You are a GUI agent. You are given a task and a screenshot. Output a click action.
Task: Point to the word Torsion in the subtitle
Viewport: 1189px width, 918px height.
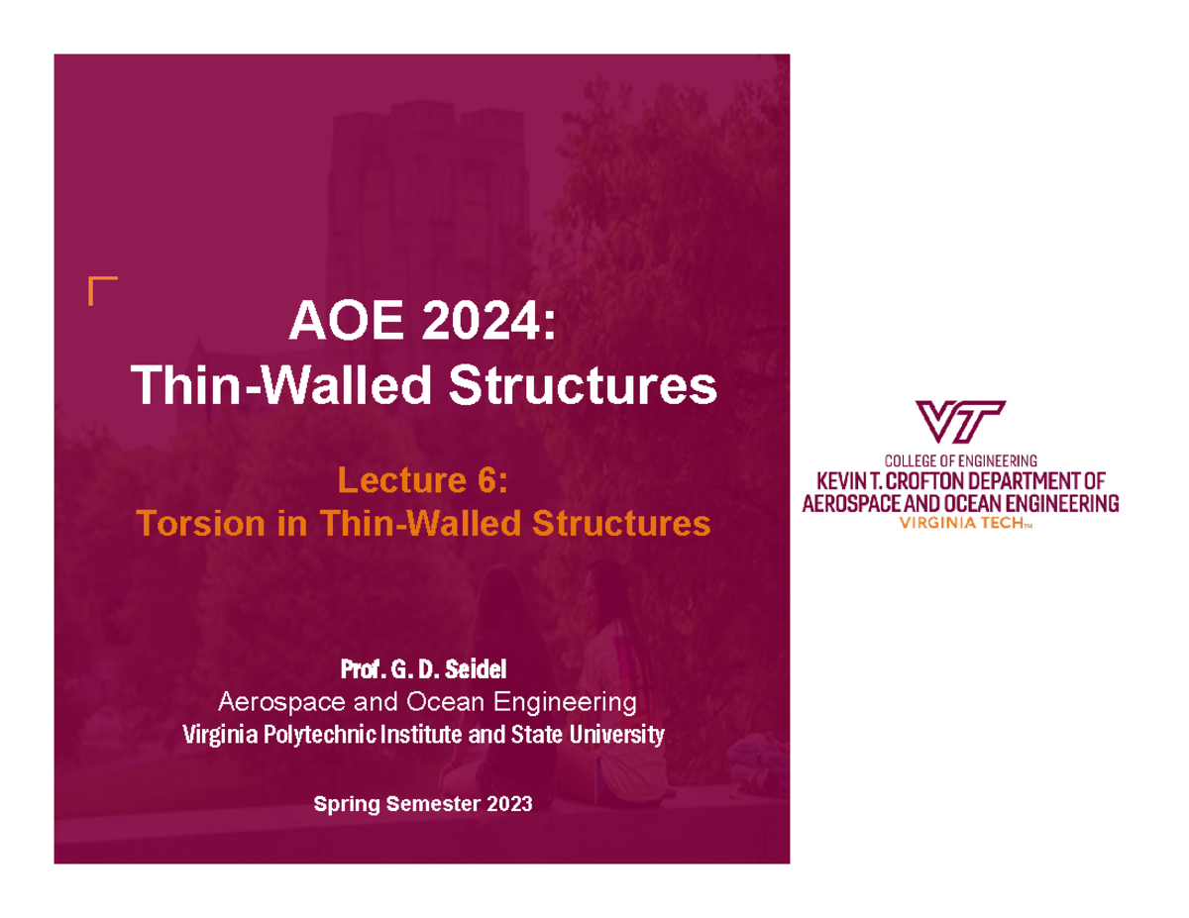click(x=186, y=522)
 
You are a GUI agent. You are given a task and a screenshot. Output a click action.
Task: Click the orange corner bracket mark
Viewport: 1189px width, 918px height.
click(x=101, y=290)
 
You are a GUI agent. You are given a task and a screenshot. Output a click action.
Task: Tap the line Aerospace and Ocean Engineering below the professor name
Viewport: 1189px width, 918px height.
click(x=424, y=703)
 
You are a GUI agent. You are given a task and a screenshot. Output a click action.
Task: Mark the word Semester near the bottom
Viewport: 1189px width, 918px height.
click(x=427, y=804)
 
